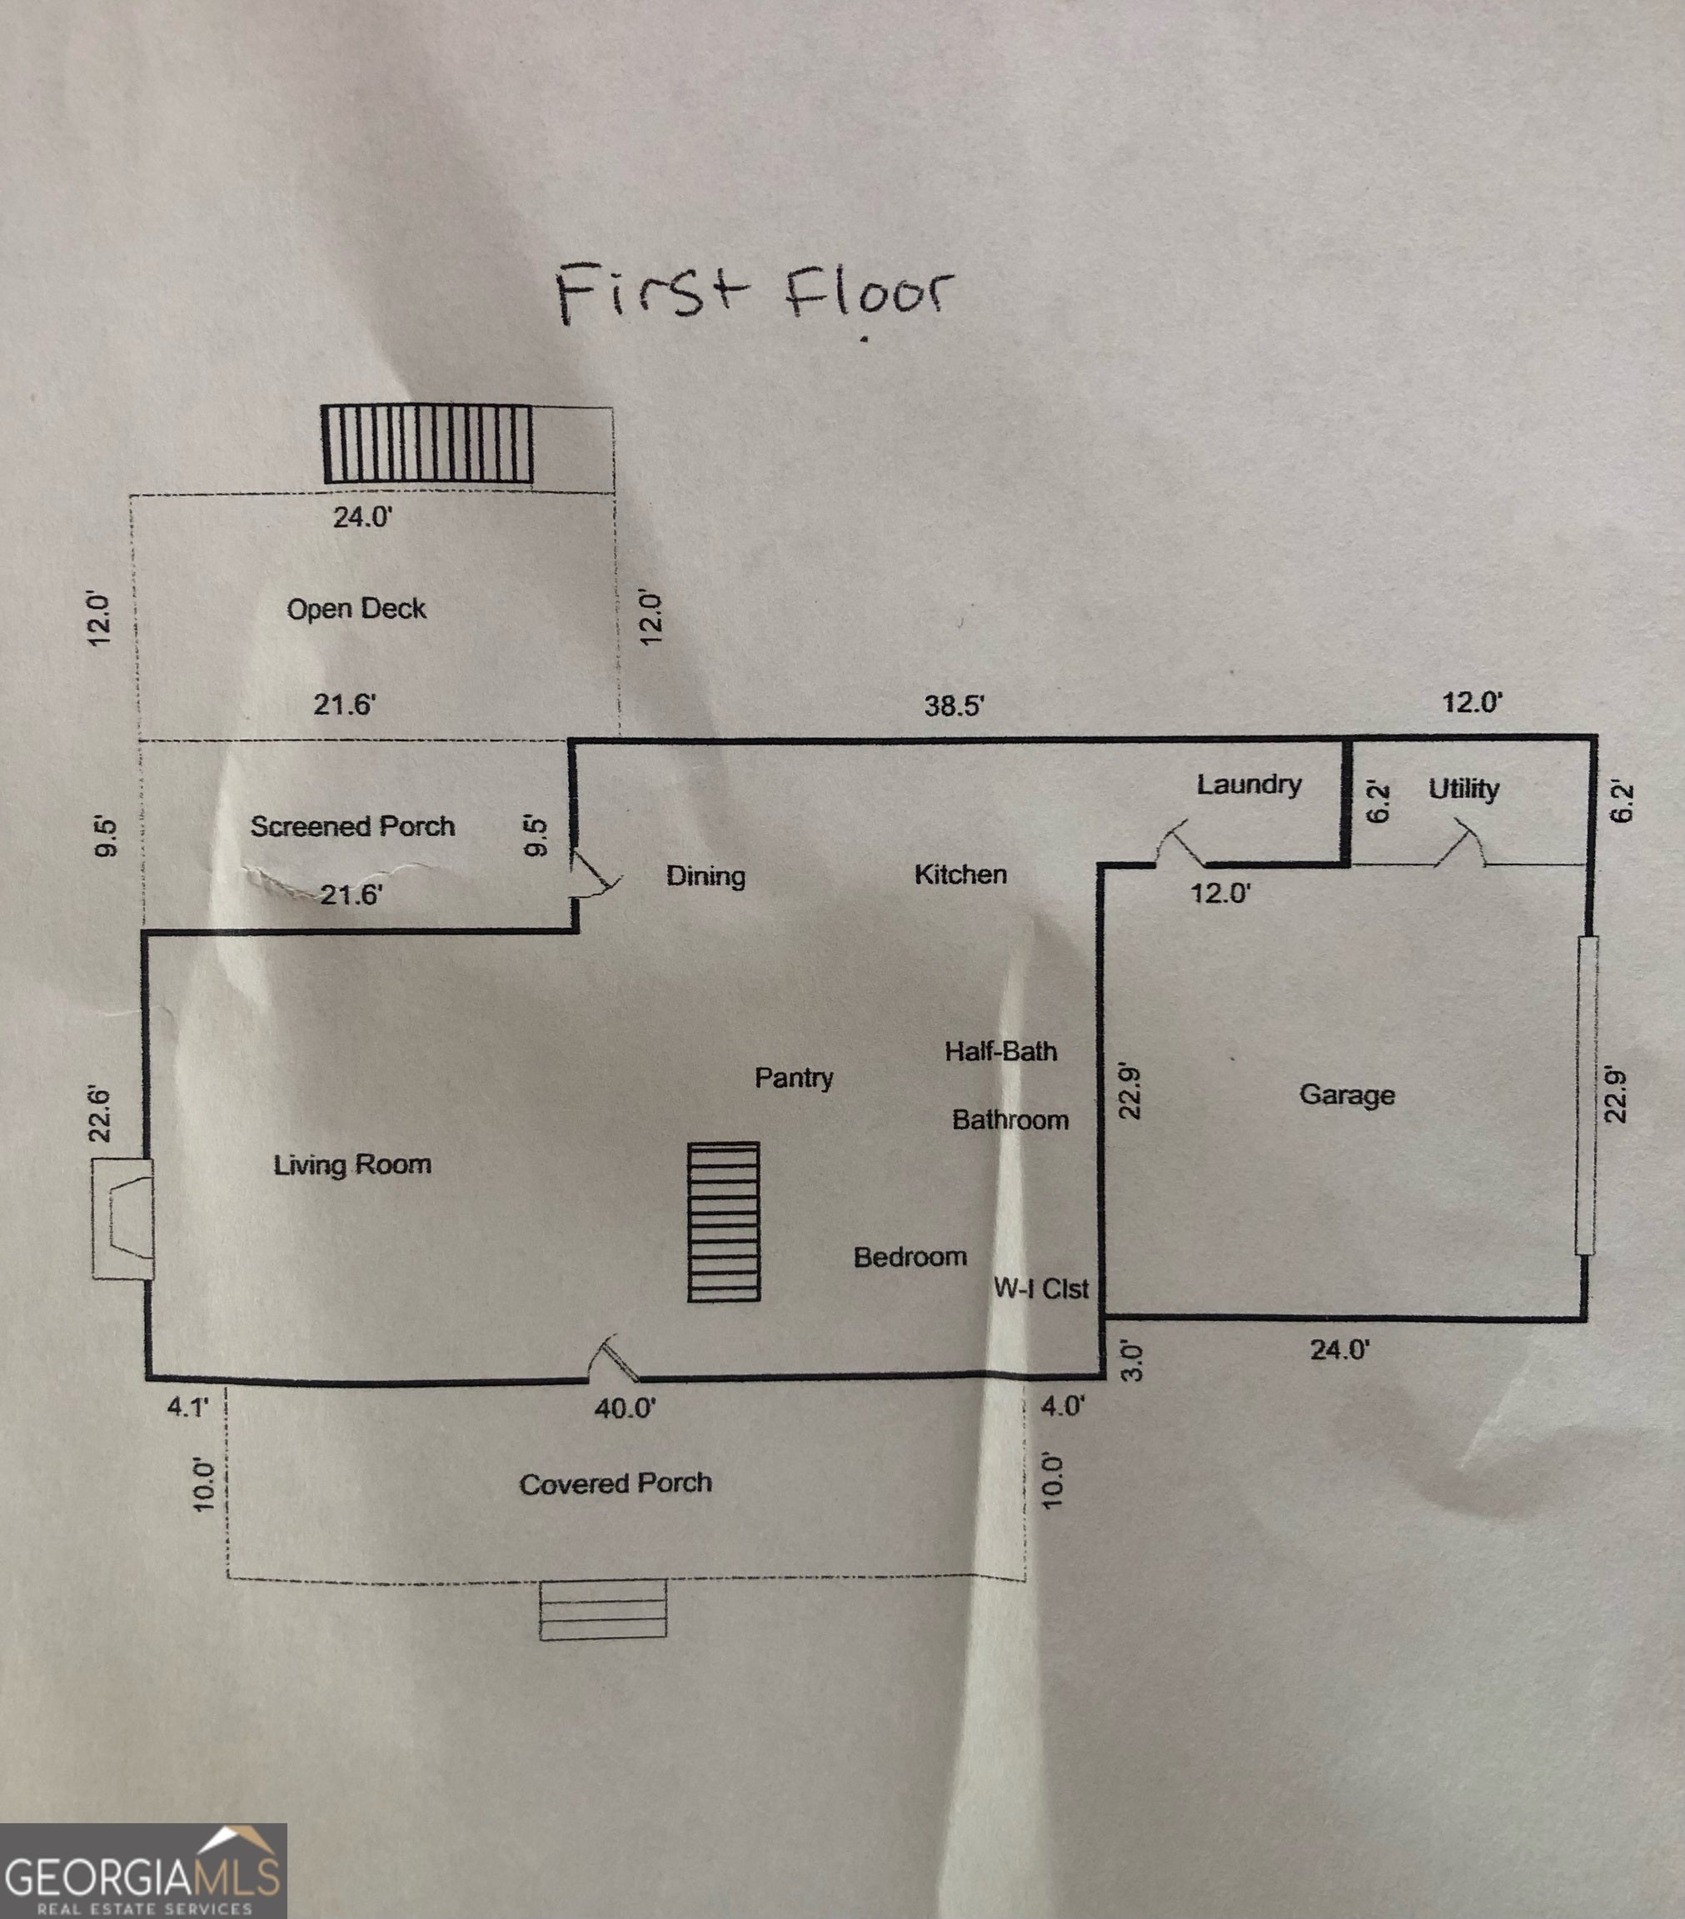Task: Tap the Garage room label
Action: click(x=1346, y=1094)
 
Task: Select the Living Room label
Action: click(x=352, y=1165)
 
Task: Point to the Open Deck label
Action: click(x=356, y=610)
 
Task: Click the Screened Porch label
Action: click(x=352, y=826)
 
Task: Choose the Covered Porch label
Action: click(x=615, y=1483)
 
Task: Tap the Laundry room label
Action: click(x=1249, y=785)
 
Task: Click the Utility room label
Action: click(x=1463, y=789)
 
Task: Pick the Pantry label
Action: click(x=793, y=1078)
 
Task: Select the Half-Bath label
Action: click(x=1000, y=1050)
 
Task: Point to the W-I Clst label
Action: click(x=1040, y=1288)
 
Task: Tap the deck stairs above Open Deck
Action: click(x=428, y=444)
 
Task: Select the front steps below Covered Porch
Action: click(x=603, y=1608)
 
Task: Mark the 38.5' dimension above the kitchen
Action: click(x=953, y=706)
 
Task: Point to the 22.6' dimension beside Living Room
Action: click(x=101, y=1114)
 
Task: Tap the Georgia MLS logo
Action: click(x=142, y=1872)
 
